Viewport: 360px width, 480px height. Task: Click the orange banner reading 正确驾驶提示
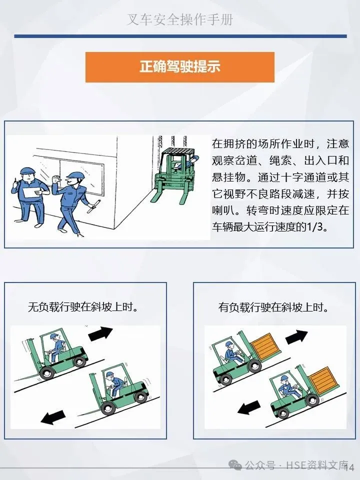pyautogui.click(x=179, y=67)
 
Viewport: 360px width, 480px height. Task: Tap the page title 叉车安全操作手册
pyautogui.click(x=180, y=19)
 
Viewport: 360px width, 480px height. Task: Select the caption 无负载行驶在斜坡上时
pyautogui.click(x=82, y=306)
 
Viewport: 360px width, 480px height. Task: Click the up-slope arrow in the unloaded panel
pyautogui.click(x=100, y=333)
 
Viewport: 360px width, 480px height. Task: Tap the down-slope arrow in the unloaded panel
pyautogui.click(x=53, y=417)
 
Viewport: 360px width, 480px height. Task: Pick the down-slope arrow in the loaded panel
pyautogui.click(x=249, y=407)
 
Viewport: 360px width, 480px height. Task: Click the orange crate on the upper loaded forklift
pyautogui.click(x=265, y=346)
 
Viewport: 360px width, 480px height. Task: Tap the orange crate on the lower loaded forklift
pyautogui.click(x=323, y=380)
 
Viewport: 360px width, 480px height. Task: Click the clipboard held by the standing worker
pyautogui.click(x=32, y=192)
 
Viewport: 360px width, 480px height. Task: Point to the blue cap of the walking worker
pyautogui.click(x=74, y=175)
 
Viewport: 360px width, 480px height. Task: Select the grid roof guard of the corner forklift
pyautogui.click(x=178, y=152)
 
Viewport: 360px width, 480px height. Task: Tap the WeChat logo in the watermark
pyautogui.click(x=235, y=465)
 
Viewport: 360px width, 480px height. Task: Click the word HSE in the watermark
pyautogui.click(x=296, y=465)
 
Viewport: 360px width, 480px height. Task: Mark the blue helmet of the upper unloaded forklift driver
pyautogui.click(x=54, y=336)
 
